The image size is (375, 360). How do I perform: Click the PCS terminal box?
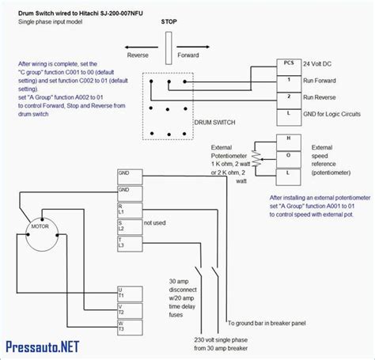coord(289,63)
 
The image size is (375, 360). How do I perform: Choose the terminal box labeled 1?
coord(289,81)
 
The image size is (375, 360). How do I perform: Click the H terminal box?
coord(289,138)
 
